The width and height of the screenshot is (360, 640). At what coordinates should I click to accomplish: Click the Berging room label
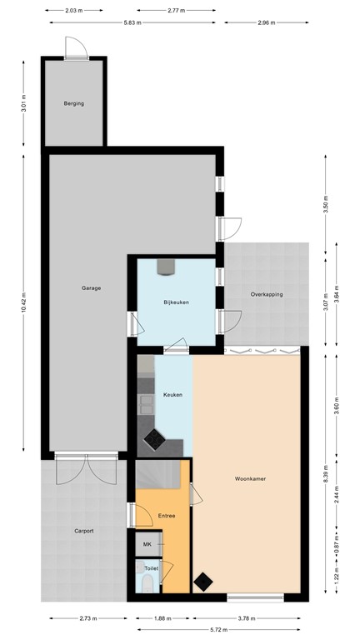[x=74, y=104]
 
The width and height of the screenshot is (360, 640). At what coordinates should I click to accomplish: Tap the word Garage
[x=91, y=288]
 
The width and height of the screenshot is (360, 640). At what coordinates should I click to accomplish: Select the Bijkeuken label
[x=176, y=302]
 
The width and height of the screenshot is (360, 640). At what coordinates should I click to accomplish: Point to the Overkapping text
[x=267, y=294]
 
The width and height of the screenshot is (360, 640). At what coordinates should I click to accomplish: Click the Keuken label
[x=172, y=394]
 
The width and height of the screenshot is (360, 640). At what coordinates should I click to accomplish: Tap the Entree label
[x=167, y=517]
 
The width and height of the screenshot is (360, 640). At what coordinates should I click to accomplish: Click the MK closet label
[x=147, y=544]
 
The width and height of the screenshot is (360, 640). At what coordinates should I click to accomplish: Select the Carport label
[x=83, y=530]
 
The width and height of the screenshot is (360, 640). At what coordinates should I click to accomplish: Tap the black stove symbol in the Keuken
[x=154, y=437]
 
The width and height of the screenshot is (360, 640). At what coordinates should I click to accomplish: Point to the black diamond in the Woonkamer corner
[x=202, y=581]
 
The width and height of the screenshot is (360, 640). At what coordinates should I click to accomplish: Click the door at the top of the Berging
[x=75, y=50]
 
